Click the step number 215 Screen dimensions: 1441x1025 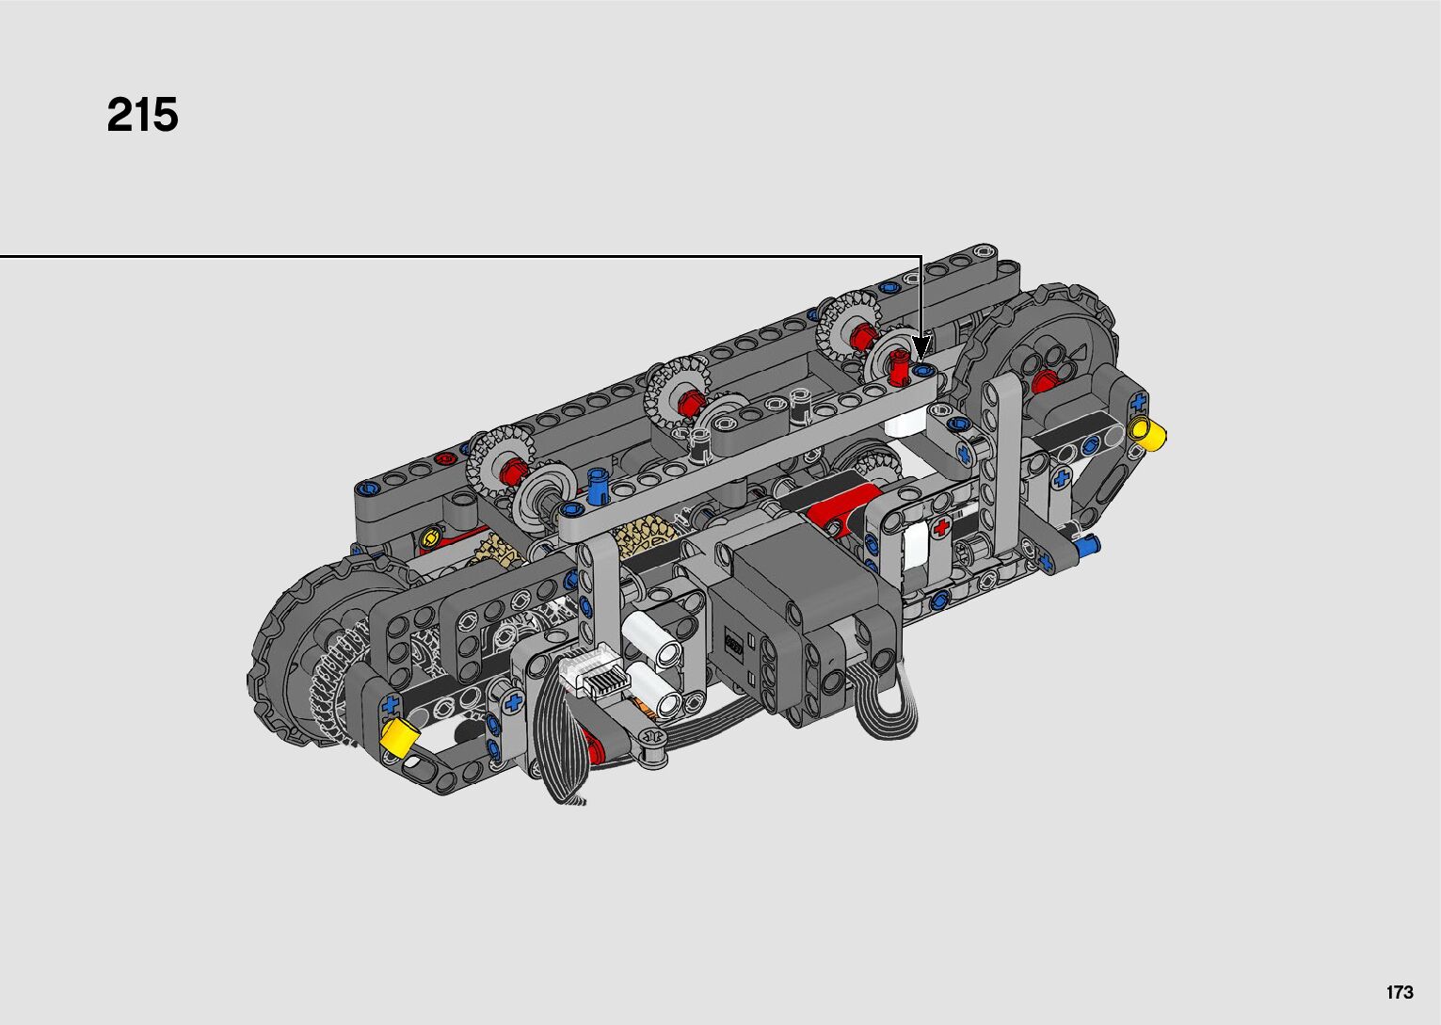click(142, 115)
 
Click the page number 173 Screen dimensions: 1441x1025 click(1400, 992)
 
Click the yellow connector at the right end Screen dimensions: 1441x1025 click(1149, 432)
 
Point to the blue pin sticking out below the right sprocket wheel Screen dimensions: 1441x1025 click(1086, 546)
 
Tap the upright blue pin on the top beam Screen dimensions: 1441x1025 click(598, 485)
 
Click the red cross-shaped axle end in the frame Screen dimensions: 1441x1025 click(942, 528)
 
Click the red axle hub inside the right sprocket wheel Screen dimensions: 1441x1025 click(1042, 382)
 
